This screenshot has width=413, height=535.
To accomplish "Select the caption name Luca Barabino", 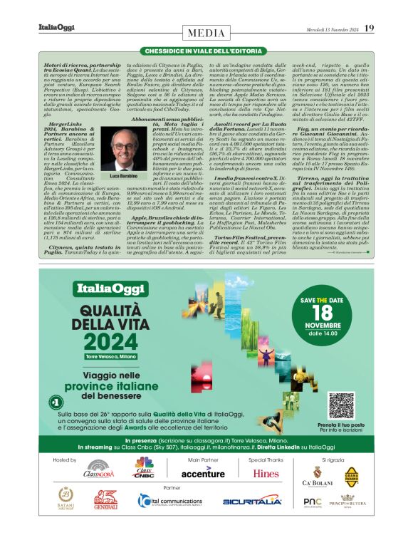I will coord(125,175).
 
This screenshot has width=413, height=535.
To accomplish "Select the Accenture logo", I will coord(203,472).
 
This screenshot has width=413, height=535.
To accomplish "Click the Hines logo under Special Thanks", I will coord(266,473).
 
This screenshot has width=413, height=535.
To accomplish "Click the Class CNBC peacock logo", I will coord(145,470).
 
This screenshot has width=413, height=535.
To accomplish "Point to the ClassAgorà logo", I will coord(99,472).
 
